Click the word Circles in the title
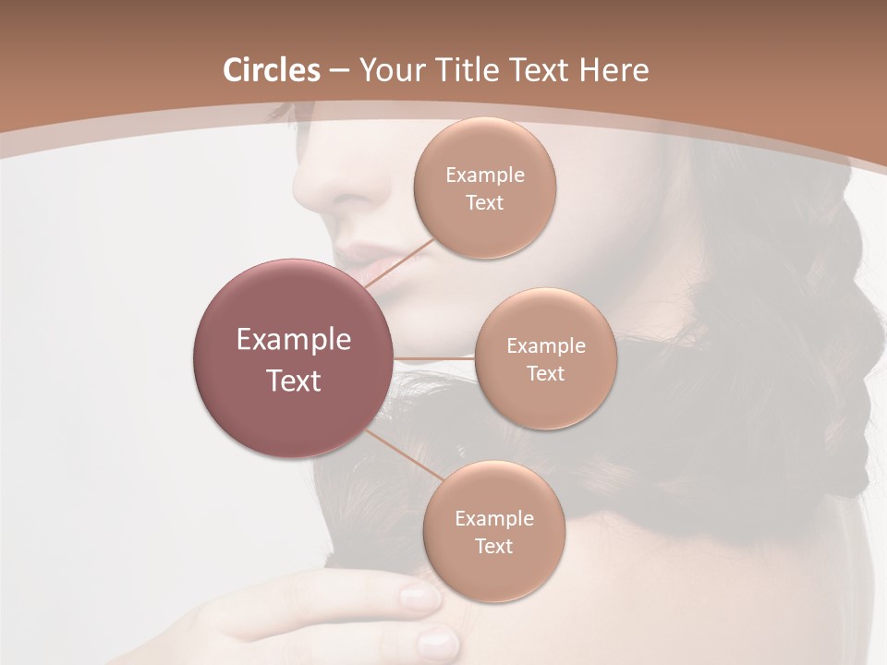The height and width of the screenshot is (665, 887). click(x=271, y=70)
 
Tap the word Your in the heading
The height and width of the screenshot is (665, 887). click(x=392, y=70)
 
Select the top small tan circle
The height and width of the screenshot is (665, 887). click(x=484, y=187)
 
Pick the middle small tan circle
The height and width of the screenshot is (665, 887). click(x=545, y=358)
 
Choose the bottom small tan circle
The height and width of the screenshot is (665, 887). click(x=493, y=531)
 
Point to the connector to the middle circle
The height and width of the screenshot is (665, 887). click(x=434, y=357)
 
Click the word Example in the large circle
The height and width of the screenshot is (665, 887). click(x=294, y=340)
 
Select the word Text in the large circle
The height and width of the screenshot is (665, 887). click(x=294, y=381)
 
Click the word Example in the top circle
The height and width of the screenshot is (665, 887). click(x=484, y=175)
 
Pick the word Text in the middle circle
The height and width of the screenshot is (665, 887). click(x=545, y=373)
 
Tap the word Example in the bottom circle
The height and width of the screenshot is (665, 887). click(x=493, y=518)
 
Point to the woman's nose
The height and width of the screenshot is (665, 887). click(x=337, y=185)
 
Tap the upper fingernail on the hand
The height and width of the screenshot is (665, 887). click(x=420, y=598)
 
